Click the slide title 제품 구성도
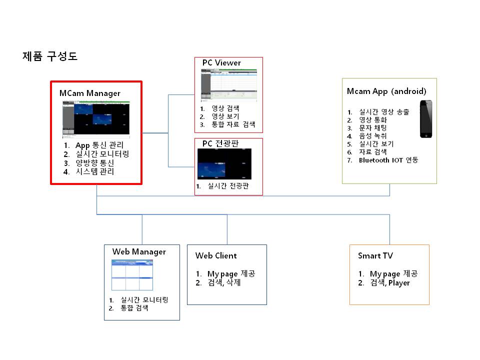point(50,56)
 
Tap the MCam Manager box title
point(89,93)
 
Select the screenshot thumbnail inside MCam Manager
point(96,119)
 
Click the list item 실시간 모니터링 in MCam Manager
point(102,154)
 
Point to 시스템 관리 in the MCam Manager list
point(95,171)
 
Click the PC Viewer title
point(221,63)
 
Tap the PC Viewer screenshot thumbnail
point(229,85)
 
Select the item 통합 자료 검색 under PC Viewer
point(233,124)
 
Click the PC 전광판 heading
point(220,143)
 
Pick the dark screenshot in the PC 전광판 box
point(224,164)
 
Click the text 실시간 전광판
point(228,186)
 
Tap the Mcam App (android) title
point(386,91)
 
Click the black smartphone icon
point(426,119)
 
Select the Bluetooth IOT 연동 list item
point(388,160)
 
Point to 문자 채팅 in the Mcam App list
point(373,128)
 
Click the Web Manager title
point(139,252)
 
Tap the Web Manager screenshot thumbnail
point(132,275)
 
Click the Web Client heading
point(216,255)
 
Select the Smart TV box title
point(375,255)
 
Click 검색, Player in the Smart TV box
point(390,283)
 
